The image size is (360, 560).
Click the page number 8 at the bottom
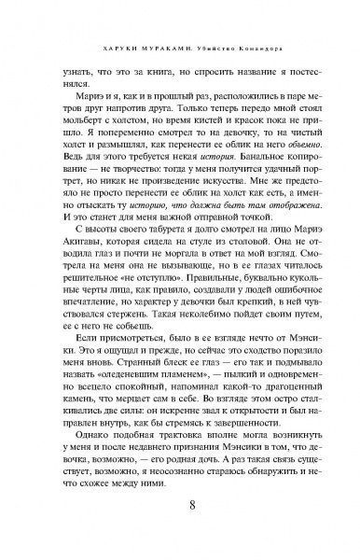(179, 507)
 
